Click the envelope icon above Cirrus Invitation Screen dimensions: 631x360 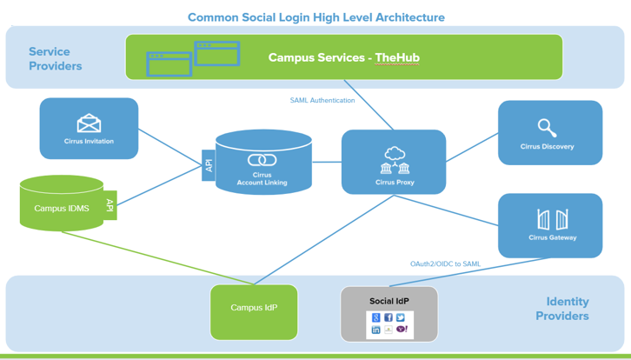[x=89, y=123]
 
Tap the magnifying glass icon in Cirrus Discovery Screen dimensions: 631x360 [x=547, y=128]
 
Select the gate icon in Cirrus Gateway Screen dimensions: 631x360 [x=553, y=219]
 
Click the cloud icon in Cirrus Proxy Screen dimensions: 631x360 [x=395, y=154]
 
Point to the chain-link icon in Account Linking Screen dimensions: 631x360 [x=262, y=160]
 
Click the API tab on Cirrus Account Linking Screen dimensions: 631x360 [x=209, y=165]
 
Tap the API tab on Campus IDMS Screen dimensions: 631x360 [x=110, y=205]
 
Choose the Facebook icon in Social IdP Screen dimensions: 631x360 [x=389, y=317]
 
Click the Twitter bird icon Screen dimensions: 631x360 [x=401, y=317]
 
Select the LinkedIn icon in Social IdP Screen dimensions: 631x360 [x=375, y=330]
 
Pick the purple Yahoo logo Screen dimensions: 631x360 [x=402, y=330]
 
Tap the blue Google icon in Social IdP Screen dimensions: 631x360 [x=375, y=317]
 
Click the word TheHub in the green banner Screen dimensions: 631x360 [x=397, y=57]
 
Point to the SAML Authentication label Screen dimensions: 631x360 [x=322, y=100]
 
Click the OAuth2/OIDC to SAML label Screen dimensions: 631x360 [x=445, y=264]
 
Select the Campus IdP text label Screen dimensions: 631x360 [x=254, y=308]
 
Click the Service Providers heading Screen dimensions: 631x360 [x=55, y=59]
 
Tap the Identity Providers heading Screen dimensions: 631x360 [x=562, y=309]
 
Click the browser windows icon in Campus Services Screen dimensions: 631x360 [x=193, y=59]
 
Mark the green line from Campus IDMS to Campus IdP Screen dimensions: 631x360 [x=158, y=258]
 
